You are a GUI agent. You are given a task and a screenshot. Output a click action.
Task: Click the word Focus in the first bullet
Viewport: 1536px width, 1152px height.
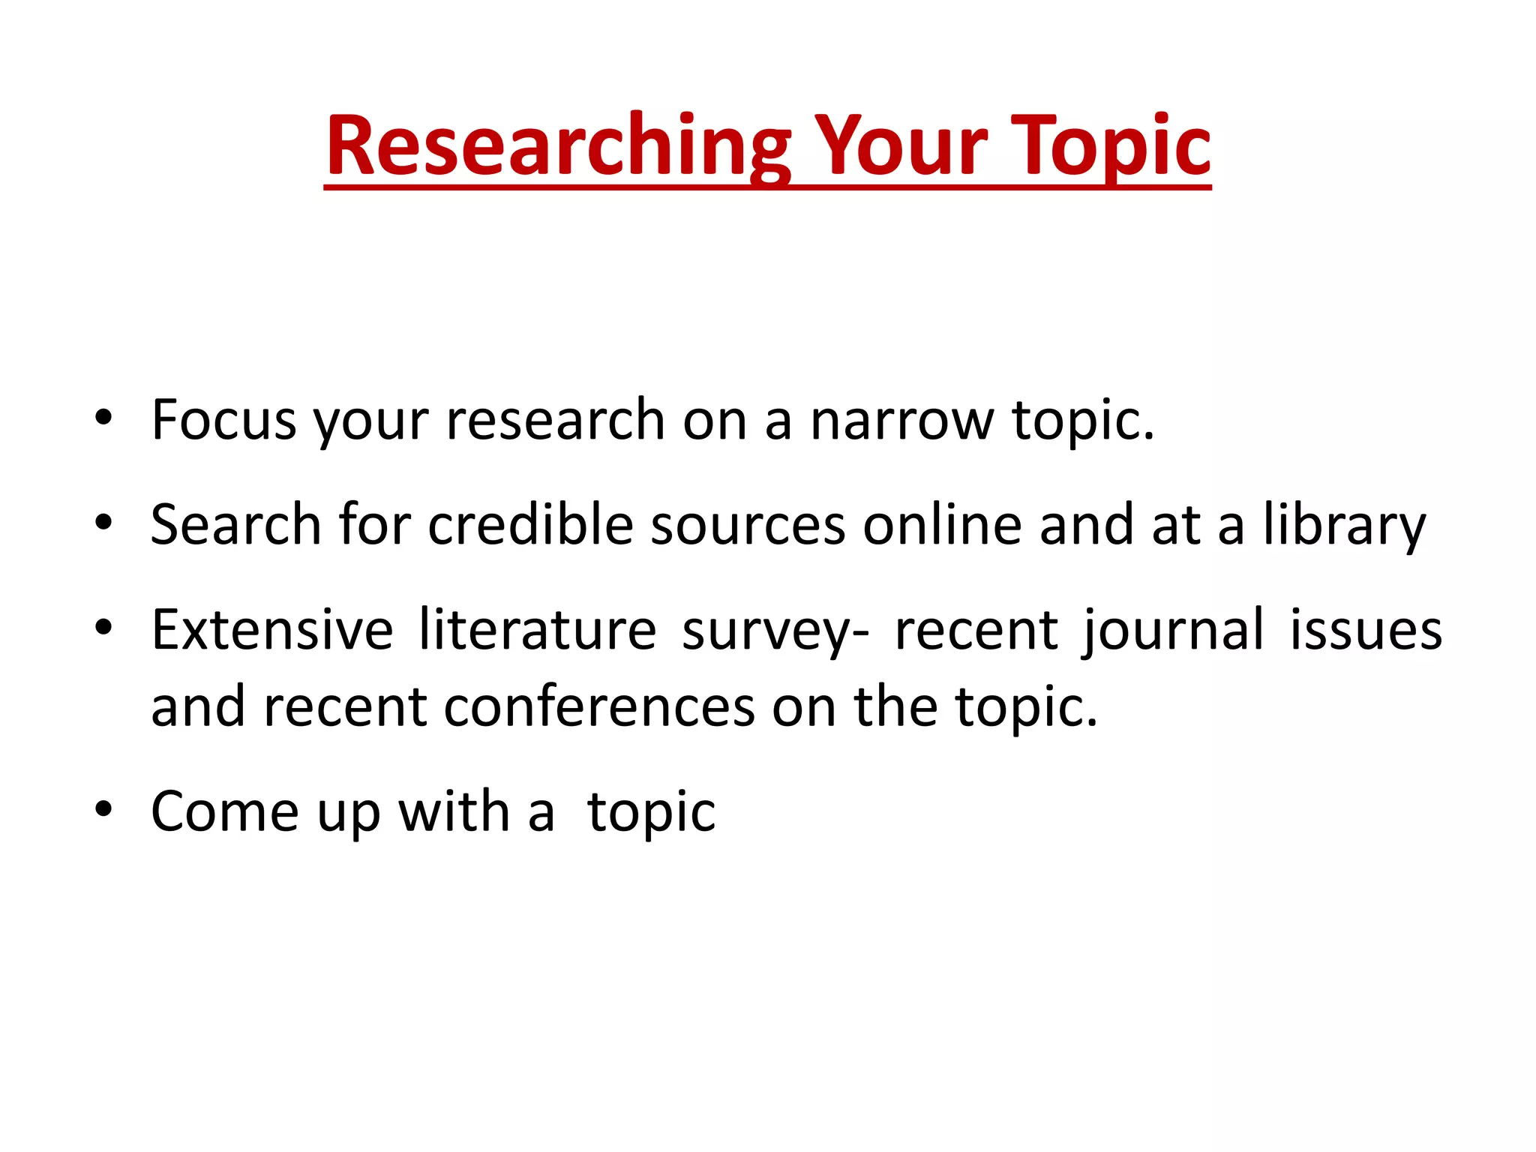(223, 420)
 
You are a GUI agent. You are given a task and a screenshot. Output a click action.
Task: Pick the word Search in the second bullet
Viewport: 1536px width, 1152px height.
(235, 524)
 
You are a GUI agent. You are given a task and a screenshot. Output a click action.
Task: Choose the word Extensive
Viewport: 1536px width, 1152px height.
(272, 629)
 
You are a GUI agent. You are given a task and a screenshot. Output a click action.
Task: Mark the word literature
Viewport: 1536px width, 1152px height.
(537, 629)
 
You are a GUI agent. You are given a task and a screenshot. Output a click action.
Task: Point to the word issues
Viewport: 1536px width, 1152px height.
(1366, 629)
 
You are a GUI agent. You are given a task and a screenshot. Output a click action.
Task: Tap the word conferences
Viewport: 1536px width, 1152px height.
(599, 707)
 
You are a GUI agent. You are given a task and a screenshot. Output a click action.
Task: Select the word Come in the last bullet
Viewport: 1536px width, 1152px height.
(225, 811)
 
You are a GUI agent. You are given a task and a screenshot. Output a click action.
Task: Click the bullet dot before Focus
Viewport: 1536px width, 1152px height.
(103, 417)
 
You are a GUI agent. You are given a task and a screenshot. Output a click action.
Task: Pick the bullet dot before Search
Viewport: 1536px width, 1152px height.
(103, 522)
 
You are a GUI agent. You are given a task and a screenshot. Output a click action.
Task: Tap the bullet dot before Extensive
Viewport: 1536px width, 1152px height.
(103, 627)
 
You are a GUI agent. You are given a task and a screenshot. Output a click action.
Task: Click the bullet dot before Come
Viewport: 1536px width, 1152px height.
(103, 809)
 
